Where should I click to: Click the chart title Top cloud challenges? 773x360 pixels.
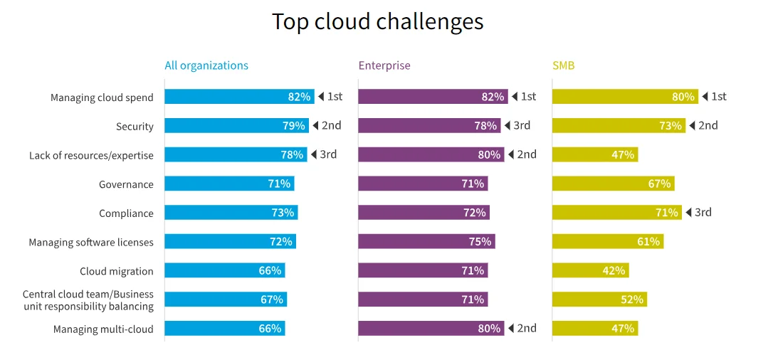[377, 21]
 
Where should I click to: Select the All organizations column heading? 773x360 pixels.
[206, 65]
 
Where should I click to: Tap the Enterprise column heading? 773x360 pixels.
[384, 65]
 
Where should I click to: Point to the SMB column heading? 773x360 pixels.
[563, 65]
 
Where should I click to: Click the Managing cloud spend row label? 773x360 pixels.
[102, 97]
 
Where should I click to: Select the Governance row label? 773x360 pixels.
[126, 184]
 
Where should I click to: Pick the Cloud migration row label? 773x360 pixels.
[116, 271]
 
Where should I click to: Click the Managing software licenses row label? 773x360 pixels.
[91, 243]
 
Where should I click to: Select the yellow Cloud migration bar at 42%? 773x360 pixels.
[590, 270]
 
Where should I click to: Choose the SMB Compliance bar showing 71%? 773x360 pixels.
[616, 212]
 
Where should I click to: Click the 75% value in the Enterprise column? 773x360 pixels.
[480, 242]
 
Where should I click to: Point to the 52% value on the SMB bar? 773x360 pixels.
[631, 300]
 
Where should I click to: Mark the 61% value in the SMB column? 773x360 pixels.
[648, 242]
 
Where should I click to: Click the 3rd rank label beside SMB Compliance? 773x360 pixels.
[702, 212]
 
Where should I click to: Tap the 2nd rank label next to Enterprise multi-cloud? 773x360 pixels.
[526, 328]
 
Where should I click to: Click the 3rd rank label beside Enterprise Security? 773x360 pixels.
[521, 126]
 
